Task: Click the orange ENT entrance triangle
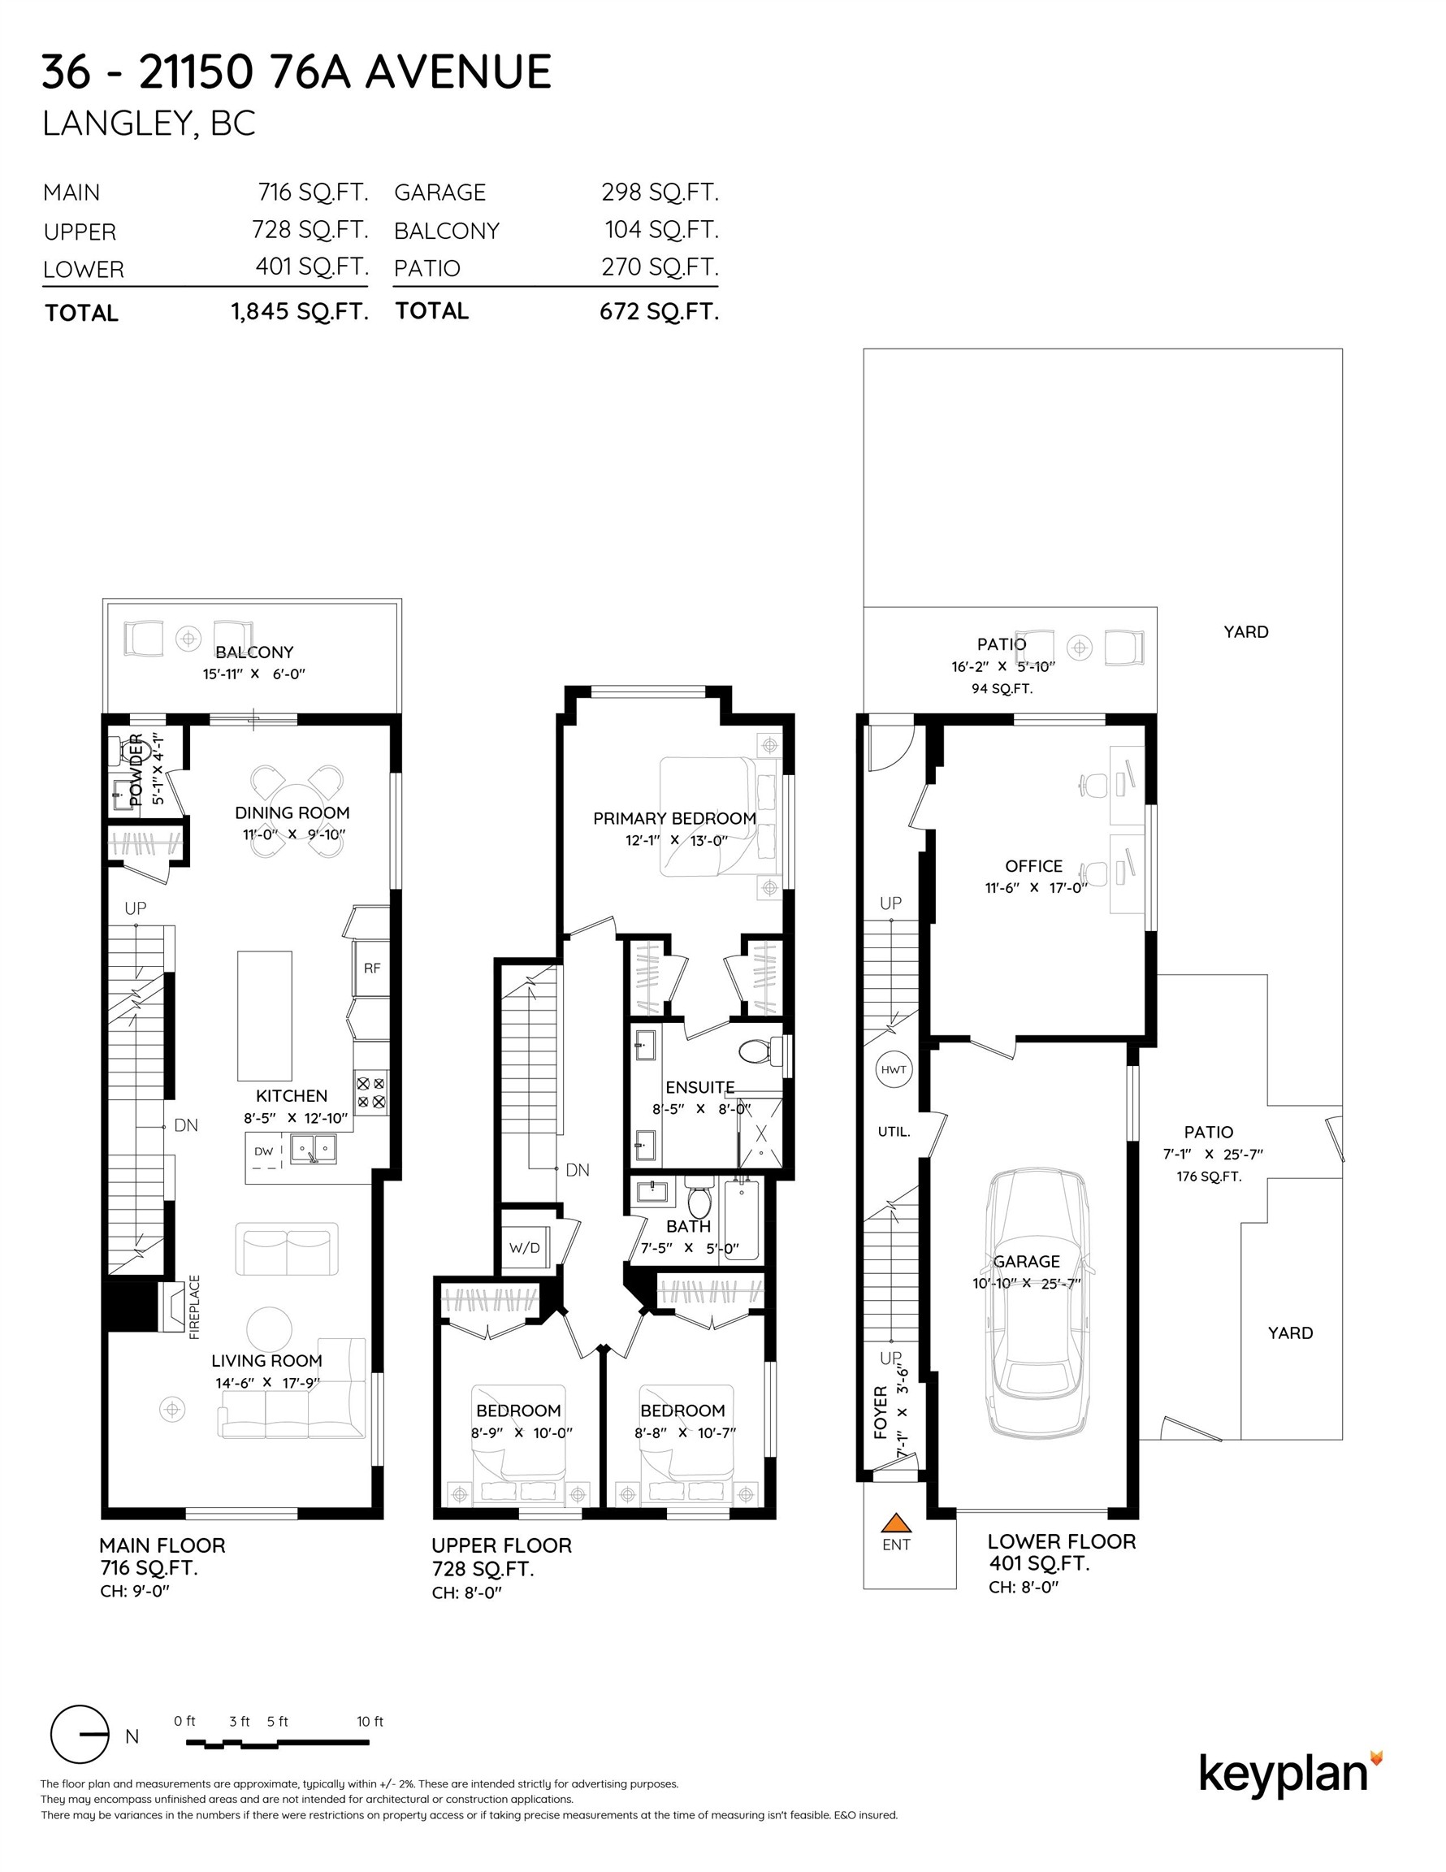coord(896,1523)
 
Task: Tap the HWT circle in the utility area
coord(893,1069)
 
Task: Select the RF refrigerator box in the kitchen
coord(372,968)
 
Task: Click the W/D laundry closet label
coord(524,1247)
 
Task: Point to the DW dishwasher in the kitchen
coord(264,1152)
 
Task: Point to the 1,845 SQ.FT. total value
coord(299,311)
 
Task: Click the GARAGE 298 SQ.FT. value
coord(659,192)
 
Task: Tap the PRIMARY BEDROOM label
coord(673,818)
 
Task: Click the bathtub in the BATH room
coord(742,1219)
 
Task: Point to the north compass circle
coord(80,1734)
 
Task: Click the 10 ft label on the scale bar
coord(370,1721)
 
